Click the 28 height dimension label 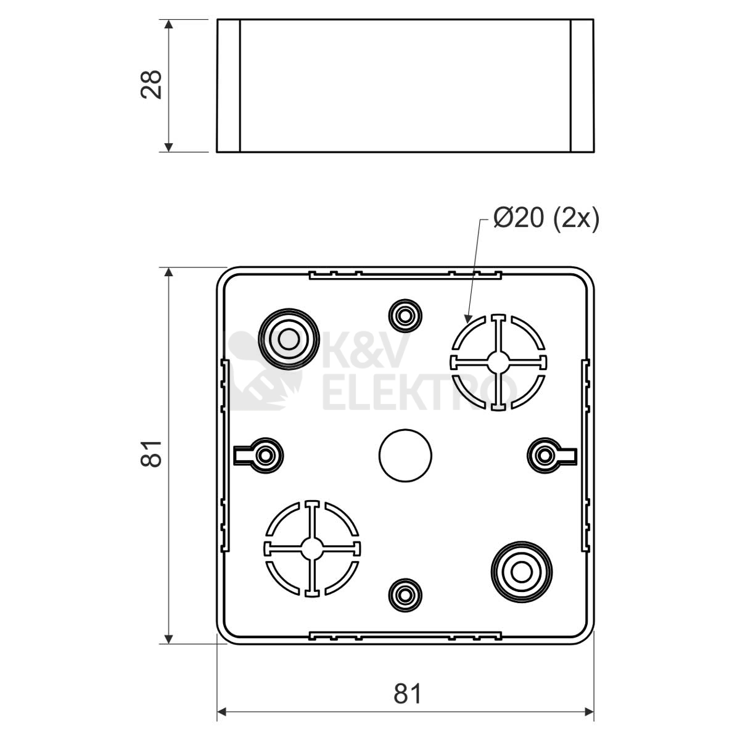pos(151,85)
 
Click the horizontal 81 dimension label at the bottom pos(408,694)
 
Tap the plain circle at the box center pos(405,456)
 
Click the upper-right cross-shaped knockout pos(498,363)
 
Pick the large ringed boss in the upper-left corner pos(289,339)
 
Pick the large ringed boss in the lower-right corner pos(522,572)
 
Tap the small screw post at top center pos(405,316)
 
